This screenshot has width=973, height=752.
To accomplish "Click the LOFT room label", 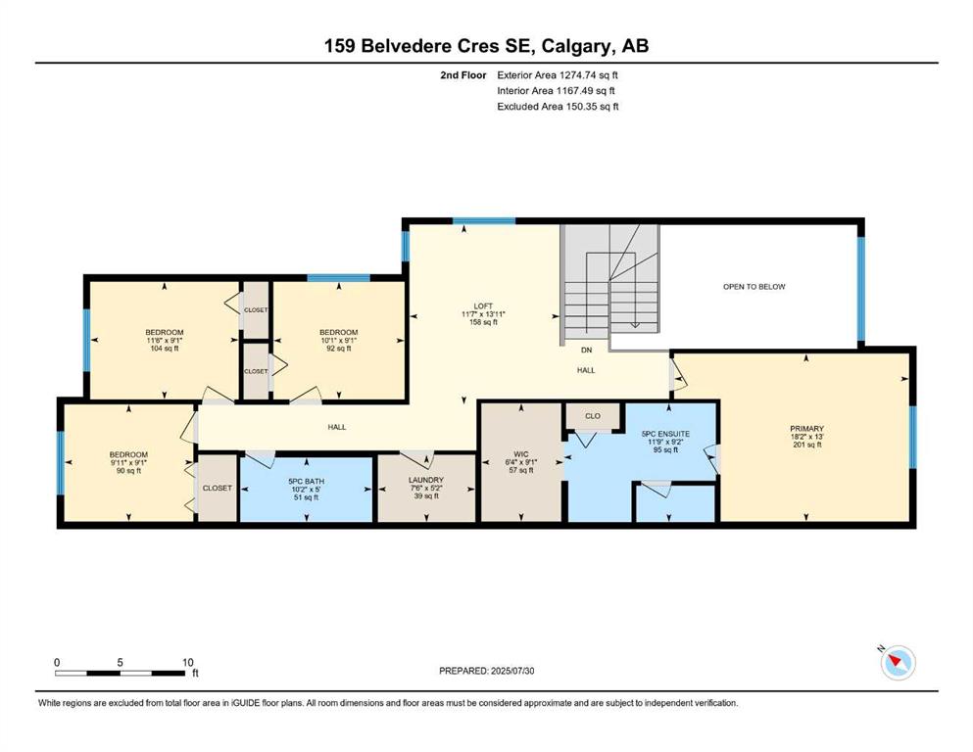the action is point(483,306).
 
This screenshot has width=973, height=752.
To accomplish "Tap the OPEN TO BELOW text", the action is point(754,287).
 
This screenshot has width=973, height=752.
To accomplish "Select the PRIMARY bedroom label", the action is point(806,429).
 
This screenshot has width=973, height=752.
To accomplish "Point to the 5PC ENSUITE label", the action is point(665,434).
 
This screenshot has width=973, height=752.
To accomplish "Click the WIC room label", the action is point(521,454).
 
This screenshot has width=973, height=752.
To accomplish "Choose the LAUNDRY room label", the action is point(426,480).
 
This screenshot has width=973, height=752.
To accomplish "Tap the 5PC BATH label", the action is point(307,481).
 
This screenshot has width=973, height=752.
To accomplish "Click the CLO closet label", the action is point(593,416).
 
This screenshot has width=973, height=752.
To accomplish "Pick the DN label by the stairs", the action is point(586,351).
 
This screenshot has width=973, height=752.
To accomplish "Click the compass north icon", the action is point(898,663).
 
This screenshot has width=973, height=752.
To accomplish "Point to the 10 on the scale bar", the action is point(188,662).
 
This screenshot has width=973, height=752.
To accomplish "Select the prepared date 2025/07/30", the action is point(512,671).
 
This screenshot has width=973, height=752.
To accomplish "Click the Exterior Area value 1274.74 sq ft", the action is point(589,75).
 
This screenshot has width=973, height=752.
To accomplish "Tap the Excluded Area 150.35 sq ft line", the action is point(558,106).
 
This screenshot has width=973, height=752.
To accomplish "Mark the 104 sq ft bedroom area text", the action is point(165,349).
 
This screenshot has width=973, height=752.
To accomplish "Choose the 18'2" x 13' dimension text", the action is point(807,437).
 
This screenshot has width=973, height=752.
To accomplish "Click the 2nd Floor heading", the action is point(463,75).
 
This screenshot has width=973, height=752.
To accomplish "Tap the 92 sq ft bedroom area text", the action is point(339,349).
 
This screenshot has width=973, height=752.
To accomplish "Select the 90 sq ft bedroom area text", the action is point(128,471).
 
